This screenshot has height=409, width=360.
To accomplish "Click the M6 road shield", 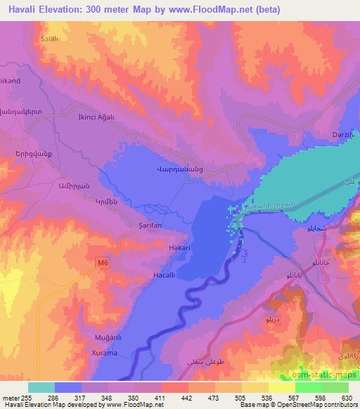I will point(104,262).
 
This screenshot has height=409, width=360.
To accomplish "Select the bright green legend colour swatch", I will point(309,387).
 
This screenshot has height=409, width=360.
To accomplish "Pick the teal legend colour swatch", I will point(41,387).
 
